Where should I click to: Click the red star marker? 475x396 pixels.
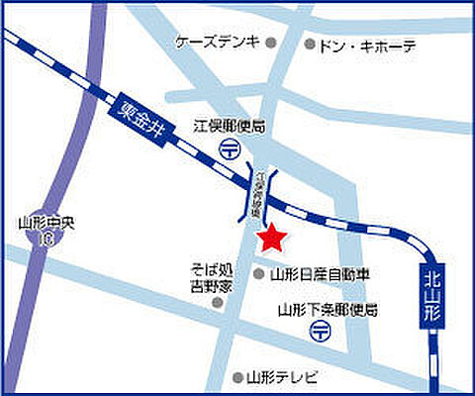[271, 238]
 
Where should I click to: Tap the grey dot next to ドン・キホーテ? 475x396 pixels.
[310, 45]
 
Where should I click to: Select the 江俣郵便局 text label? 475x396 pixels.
[229, 127]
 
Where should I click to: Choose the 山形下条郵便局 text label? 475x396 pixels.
[328, 310]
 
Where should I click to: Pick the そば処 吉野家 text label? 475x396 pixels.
[215, 276]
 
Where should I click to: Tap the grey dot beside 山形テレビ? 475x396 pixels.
[237, 377]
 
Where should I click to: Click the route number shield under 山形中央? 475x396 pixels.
[43, 241]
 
